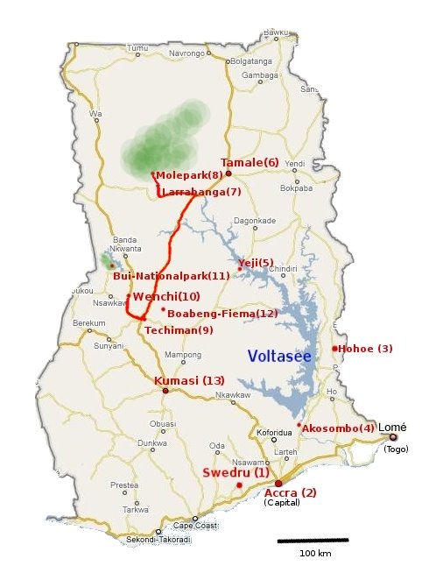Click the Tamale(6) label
250,163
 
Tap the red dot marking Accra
278,483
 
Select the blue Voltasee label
279,356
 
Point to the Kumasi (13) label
189,380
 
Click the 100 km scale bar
313,541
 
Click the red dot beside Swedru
239,485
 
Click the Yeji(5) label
256,263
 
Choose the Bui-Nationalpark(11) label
172,276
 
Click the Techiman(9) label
179,330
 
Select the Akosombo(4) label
338,428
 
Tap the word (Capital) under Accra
282,503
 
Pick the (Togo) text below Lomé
396,449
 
